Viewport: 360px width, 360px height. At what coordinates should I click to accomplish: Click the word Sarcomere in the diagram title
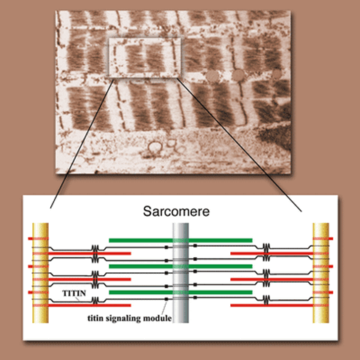[176, 211]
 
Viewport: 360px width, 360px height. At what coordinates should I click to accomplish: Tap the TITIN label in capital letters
[74, 293]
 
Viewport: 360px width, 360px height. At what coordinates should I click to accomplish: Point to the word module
[158, 318]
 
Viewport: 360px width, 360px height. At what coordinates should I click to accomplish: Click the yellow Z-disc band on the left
[40, 273]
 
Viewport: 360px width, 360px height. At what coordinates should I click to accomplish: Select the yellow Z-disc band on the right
[321, 273]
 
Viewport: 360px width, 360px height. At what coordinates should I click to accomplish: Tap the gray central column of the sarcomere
[181, 273]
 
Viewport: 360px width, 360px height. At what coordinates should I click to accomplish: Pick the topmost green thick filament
[181, 241]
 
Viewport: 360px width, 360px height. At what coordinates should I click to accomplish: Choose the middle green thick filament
[181, 266]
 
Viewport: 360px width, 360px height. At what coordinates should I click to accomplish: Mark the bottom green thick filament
[181, 292]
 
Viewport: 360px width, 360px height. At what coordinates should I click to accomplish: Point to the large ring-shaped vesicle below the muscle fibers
[154, 148]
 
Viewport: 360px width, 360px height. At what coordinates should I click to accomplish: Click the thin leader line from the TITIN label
[77, 298]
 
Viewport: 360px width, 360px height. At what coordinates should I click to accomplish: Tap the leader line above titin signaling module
[164, 307]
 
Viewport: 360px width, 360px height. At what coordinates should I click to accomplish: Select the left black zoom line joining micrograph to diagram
[82, 143]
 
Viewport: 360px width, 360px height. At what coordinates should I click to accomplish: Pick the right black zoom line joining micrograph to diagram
[239, 145]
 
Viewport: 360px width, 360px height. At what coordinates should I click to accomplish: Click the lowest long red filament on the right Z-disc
[272, 305]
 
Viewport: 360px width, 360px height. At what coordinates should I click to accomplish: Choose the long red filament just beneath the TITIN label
[89, 305]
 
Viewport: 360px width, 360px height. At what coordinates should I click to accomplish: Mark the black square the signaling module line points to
[166, 299]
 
